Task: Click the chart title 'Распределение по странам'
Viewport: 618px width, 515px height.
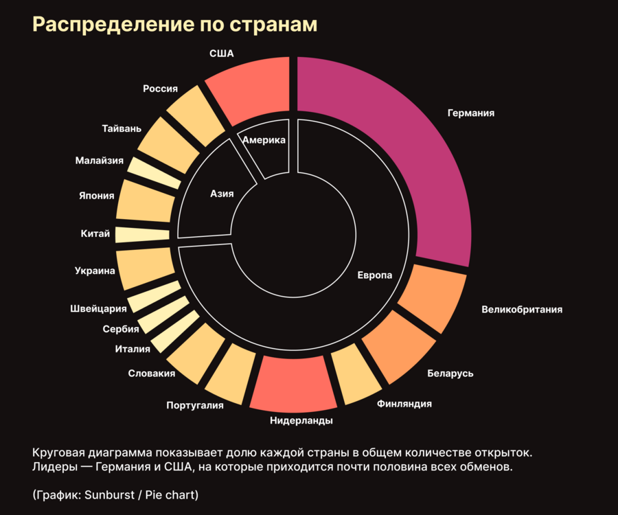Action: tap(174, 25)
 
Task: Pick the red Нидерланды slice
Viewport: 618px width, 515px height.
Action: tap(292, 385)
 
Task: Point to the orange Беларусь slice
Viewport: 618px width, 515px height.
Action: tap(398, 347)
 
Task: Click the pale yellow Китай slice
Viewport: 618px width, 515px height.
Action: tap(142, 234)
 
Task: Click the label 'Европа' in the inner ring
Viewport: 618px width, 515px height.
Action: tap(374, 275)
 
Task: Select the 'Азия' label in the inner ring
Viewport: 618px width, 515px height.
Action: tap(222, 194)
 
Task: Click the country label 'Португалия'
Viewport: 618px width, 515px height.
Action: tap(195, 405)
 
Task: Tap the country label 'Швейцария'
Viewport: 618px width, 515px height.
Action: tap(98, 308)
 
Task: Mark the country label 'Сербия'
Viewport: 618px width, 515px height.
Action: tap(121, 329)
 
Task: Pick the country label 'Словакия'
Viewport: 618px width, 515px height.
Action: tap(152, 374)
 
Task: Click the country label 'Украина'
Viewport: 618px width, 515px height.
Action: tap(95, 271)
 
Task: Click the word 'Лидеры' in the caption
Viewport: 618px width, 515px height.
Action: tap(51, 468)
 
